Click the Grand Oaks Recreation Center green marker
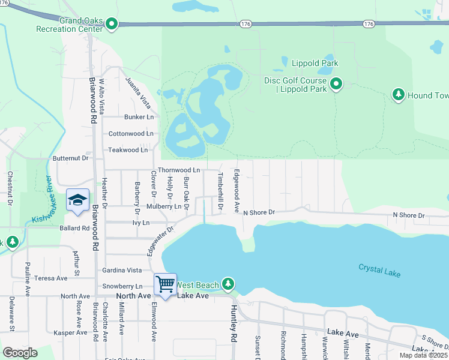pyautogui.click(x=112, y=24)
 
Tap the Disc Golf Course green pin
pyautogui.click(x=336, y=85)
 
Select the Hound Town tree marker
pyautogui.click(x=398, y=95)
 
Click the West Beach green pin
pyautogui.click(x=228, y=283)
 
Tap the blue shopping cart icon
pyautogui.click(x=164, y=284)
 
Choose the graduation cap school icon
pyautogui.click(x=77, y=200)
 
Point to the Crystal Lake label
pyautogui.click(x=379, y=269)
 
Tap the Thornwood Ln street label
pyautogui.click(x=178, y=170)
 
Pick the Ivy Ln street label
pyautogui.click(x=140, y=222)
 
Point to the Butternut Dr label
pyautogui.click(x=71, y=158)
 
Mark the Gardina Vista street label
pyautogui.click(x=122, y=271)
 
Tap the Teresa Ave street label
pyautogui.click(x=51, y=278)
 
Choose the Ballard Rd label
pyautogui.click(x=74, y=229)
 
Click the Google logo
pyautogui.click(x=20, y=353)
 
